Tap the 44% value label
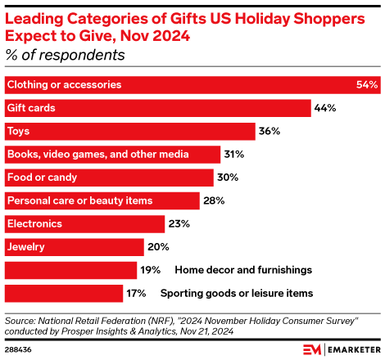[326, 108]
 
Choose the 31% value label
[235, 154]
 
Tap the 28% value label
[215, 200]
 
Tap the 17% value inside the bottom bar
[137, 293]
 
